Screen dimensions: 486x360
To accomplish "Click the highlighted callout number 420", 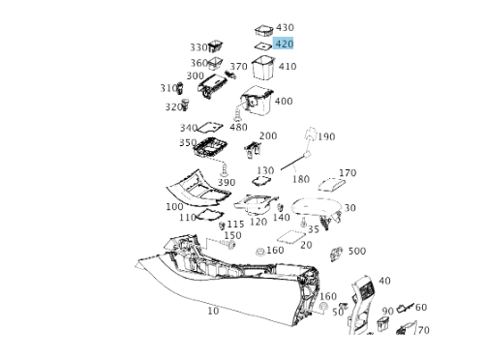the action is coord(285,44).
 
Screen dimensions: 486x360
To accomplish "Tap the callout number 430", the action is coord(285,27).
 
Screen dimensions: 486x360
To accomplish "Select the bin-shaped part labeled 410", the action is coord(263,68).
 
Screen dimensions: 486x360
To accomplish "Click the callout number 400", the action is coord(284,101).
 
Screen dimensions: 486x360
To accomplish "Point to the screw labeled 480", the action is coord(237,115).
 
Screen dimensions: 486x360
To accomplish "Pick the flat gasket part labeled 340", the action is coord(209,128).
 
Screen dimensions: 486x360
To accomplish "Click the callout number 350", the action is coord(188,142).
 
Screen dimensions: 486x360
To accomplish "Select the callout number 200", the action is coord(268,135).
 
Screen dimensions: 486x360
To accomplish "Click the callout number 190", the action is coord(326,136).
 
